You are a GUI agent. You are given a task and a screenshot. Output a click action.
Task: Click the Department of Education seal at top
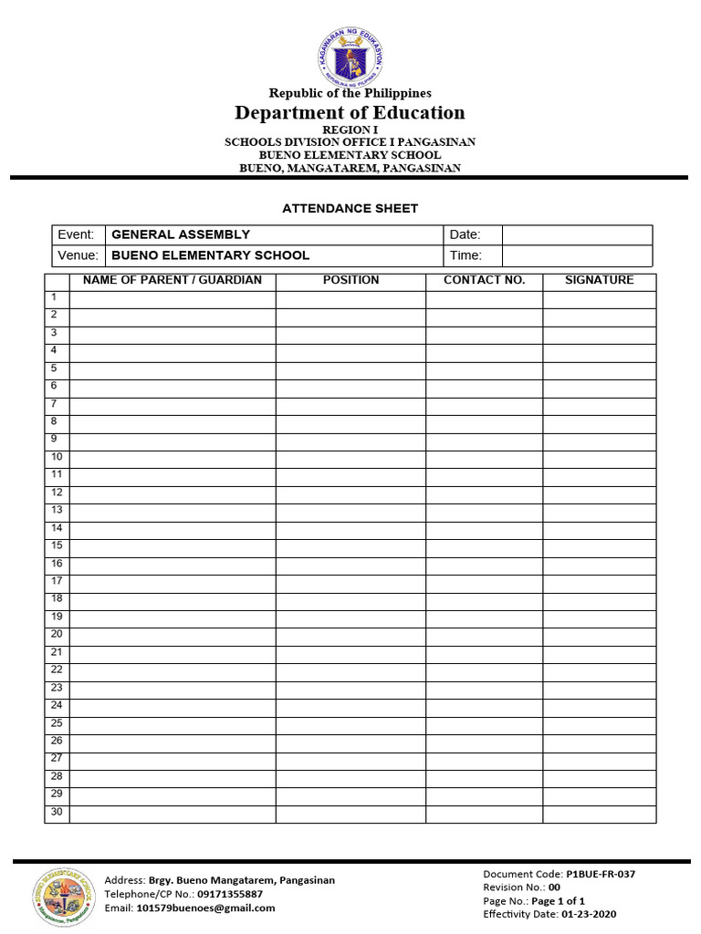click(x=350, y=54)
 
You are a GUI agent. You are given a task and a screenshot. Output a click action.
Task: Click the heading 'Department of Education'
click(x=350, y=112)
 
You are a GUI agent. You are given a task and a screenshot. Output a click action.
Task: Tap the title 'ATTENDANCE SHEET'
click(x=350, y=209)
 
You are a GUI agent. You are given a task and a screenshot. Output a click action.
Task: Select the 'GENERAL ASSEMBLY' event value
click(x=181, y=234)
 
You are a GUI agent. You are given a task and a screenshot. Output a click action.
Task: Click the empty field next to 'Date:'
click(x=577, y=234)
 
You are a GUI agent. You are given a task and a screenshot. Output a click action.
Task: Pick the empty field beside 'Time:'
click(x=577, y=255)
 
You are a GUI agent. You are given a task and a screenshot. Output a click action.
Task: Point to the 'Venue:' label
click(x=77, y=255)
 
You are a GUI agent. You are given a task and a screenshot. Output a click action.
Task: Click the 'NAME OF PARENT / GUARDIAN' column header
click(x=173, y=280)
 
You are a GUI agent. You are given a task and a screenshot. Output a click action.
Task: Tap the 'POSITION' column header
click(x=350, y=280)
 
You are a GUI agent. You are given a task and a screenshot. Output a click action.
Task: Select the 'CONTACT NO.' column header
click(x=484, y=280)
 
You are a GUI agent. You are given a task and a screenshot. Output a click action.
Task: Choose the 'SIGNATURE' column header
click(x=599, y=280)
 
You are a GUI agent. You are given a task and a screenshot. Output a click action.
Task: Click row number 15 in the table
click(x=57, y=545)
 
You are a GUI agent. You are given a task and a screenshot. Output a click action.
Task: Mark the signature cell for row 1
click(x=599, y=299)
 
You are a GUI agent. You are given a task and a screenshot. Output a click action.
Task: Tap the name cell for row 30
click(x=173, y=814)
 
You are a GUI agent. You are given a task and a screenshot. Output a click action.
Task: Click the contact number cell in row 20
click(x=484, y=636)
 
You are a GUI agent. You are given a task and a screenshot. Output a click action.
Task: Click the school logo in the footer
click(x=62, y=894)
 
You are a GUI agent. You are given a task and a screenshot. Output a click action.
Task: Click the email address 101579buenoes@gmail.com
click(x=205, y=908)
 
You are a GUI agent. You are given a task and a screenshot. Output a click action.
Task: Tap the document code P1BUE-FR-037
click(x=601, y=874)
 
